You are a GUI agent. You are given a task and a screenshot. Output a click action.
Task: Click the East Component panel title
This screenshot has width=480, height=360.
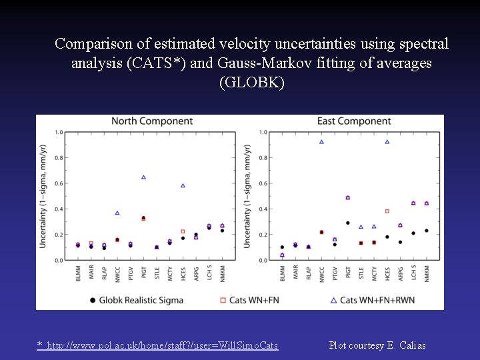tap(355, 121)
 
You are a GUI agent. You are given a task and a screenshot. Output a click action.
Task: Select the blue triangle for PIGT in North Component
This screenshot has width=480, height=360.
tap(143, 177)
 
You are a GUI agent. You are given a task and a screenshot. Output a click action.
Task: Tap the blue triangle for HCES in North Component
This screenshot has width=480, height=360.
tap(183, 185)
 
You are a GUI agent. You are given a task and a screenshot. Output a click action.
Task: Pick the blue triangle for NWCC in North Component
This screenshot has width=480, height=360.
tap(117, 213)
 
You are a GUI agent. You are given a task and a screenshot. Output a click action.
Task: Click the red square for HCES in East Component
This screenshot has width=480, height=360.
tap(387, 211)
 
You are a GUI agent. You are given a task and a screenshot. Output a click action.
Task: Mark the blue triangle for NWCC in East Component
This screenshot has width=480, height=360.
tap(321, 141)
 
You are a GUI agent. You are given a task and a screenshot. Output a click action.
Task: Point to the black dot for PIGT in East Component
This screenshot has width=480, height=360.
tap(347, 223)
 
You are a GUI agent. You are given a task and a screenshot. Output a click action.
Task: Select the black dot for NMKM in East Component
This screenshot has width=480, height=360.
tap(426, 231)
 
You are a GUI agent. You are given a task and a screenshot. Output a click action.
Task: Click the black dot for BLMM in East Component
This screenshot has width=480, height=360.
tap(282, 247)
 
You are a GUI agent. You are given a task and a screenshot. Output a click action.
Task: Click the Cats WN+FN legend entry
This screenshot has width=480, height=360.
tap(251, 300)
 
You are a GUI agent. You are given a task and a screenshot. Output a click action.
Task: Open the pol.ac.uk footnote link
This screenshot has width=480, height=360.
tap(157, 345)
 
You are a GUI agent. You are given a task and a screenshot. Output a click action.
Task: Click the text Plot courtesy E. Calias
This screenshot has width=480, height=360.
tap(377, 345)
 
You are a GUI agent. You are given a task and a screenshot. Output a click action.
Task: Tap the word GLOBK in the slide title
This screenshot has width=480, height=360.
tap(251, 83)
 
